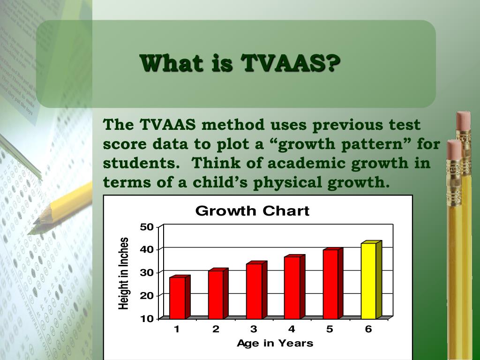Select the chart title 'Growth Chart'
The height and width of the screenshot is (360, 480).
252,211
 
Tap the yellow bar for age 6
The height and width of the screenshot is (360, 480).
368,280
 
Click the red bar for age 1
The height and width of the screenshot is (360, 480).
177,298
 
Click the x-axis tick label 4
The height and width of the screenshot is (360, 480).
292,329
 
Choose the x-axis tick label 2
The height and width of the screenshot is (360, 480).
216,329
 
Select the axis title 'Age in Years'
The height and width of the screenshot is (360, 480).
275,343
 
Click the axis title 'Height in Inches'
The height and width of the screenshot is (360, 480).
123,274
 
